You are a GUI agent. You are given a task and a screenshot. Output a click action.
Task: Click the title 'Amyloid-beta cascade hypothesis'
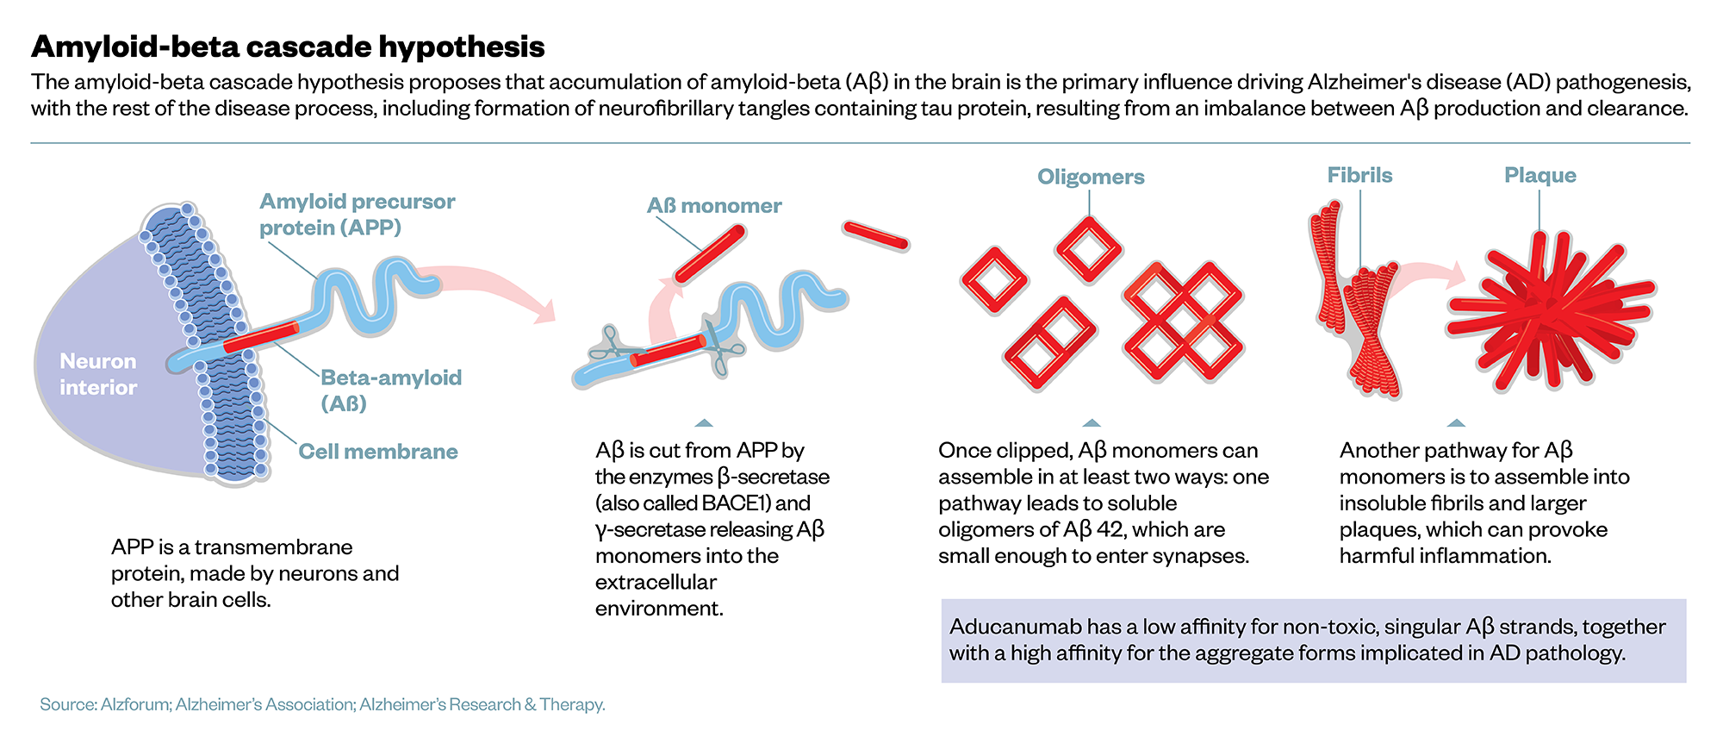[x=288, y=47]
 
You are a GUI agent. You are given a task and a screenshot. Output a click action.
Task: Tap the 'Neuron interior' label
[x=97, y=374]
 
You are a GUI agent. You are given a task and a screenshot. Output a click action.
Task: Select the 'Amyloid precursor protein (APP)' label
[x=357, y=215]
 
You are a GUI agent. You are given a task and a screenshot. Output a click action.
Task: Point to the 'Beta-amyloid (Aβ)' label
[x=390, y=390]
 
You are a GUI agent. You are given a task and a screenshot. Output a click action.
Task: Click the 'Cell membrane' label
[x=377, y=452]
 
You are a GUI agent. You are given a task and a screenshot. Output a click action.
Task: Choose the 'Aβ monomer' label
[x=714, y=206]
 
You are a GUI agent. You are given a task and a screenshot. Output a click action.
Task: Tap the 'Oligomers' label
[x=1091, y=177]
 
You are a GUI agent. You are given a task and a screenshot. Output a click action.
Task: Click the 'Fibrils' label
[x=1359, y=175]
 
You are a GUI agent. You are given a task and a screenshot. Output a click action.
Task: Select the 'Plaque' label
[x=1540, y=175]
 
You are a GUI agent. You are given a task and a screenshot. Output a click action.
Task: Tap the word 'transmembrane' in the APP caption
[x=273, y=547]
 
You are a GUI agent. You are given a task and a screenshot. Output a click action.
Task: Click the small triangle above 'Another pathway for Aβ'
[x=1456, y=423]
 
